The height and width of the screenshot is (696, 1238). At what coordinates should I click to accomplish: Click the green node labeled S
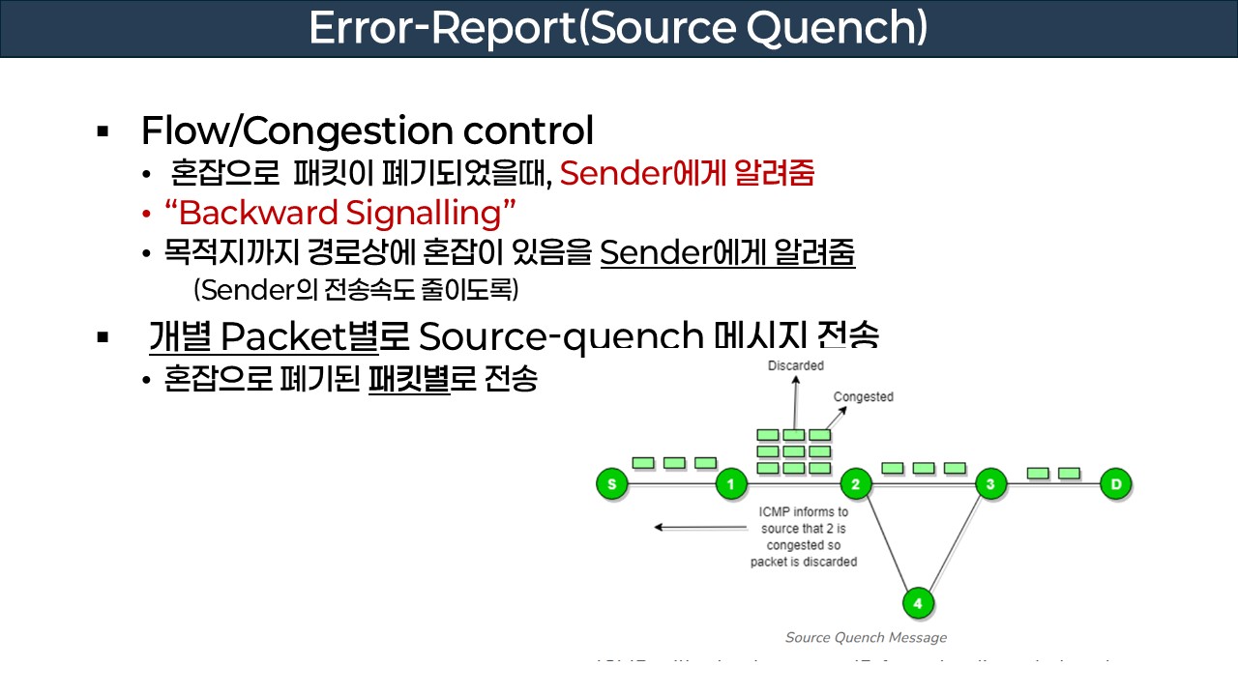(611, 483)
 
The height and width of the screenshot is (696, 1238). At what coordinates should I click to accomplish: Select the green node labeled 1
(731, 483)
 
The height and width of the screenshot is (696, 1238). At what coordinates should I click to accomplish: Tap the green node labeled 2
(855, 483)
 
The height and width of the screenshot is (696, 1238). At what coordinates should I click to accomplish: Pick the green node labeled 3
(990, 483)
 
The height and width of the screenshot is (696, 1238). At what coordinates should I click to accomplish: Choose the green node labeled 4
(918, 603)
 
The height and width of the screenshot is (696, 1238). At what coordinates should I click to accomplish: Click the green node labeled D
(1116, 483)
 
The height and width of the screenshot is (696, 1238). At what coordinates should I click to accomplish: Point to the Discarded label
(795, 365)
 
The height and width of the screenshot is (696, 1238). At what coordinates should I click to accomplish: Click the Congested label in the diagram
(863, 397)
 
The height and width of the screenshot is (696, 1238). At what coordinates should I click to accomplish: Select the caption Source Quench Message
(866, 637)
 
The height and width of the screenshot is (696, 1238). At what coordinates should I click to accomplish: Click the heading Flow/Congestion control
(367, 130)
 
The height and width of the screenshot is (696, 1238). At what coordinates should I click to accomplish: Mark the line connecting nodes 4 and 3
(956, 541)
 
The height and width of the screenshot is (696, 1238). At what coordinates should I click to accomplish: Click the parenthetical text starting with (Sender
(356, 289)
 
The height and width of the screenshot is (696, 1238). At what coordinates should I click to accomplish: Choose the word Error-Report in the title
(441, 29)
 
